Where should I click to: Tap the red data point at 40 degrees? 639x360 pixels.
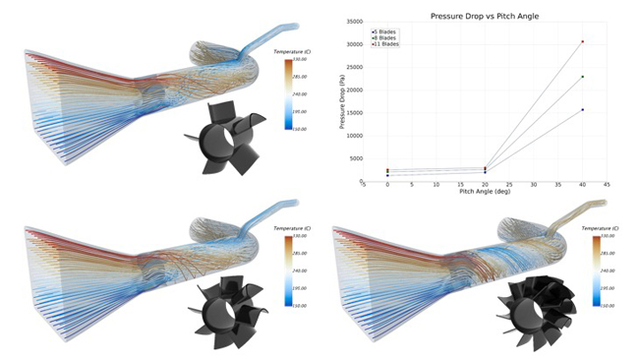point(583,41)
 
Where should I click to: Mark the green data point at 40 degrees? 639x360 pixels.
point(583,77)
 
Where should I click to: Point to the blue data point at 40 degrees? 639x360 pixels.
point(583,109)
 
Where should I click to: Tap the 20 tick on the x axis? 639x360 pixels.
point(485,185)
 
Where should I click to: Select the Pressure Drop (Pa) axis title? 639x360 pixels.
point(341,102)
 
